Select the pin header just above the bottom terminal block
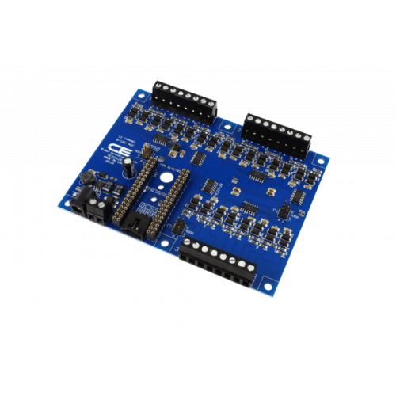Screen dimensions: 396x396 point(181,228)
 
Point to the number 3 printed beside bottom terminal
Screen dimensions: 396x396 point(173,246)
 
